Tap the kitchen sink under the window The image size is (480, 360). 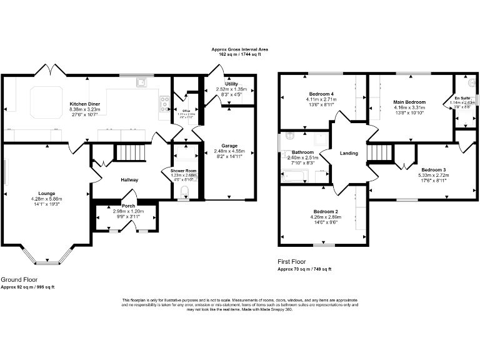(x=142, y=81)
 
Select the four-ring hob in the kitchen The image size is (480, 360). (x=165, y=103)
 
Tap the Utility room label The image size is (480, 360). (x=231, y=83)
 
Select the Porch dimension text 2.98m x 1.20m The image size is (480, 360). (x=128, y=211)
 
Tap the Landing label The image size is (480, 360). (x=348, y=153)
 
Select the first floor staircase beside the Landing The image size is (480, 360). (x=379, y=152)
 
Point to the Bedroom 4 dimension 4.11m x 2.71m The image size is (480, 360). (x=321, y=99)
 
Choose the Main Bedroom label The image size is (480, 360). (x=409, y=102)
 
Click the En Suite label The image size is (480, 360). (x=462, y=98)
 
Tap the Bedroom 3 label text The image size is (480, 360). (x=433, y=170)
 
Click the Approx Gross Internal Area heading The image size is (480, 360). (x=239, y=48)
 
